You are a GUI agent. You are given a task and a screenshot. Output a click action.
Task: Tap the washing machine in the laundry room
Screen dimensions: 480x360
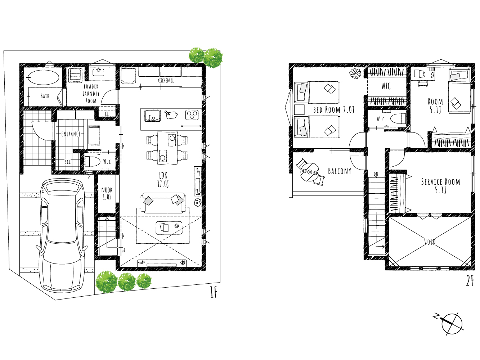75,76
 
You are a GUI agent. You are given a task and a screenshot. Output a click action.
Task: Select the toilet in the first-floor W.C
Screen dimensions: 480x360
92,162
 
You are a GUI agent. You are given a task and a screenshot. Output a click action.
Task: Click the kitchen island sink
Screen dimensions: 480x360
152,116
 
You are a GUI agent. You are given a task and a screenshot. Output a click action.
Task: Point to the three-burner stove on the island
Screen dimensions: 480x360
192,115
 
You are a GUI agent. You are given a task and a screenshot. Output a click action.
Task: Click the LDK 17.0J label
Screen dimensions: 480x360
163,180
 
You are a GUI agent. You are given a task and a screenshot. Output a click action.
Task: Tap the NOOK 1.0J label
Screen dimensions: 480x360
107,193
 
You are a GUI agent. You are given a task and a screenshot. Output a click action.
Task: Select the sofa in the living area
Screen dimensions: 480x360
163,203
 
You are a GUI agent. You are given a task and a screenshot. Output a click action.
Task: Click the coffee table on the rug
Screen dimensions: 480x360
169,228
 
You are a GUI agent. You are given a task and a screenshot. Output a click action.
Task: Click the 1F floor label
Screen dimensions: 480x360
214,292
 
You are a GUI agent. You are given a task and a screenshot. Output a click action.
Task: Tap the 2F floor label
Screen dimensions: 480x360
470,281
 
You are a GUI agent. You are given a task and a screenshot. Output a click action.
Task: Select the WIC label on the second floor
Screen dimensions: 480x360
386,86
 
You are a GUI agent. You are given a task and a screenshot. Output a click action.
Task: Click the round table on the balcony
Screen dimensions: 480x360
310,172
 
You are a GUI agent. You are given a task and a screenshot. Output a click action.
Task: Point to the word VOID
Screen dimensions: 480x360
430,242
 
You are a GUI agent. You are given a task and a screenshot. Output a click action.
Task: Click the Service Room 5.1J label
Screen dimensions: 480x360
441,186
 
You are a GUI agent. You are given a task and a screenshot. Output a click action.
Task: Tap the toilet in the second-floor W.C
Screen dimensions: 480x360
398,119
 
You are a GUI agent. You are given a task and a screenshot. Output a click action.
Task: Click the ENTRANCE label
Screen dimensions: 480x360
71,134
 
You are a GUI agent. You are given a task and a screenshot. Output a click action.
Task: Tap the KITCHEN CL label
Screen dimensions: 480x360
166,81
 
